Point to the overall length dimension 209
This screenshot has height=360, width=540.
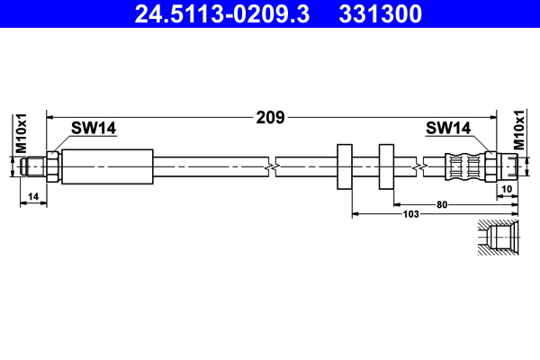pos(271,117)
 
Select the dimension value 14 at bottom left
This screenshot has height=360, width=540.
pos(32,196)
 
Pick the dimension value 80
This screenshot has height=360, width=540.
pos(442,204)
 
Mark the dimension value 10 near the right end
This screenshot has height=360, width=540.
pos(507,188)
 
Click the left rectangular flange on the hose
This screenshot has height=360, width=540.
pos(344,167)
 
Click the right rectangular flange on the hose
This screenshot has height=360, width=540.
pos(387,167)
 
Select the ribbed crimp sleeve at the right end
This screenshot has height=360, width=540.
pos(464,167)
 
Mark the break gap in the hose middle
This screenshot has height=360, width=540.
pos(272,167)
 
